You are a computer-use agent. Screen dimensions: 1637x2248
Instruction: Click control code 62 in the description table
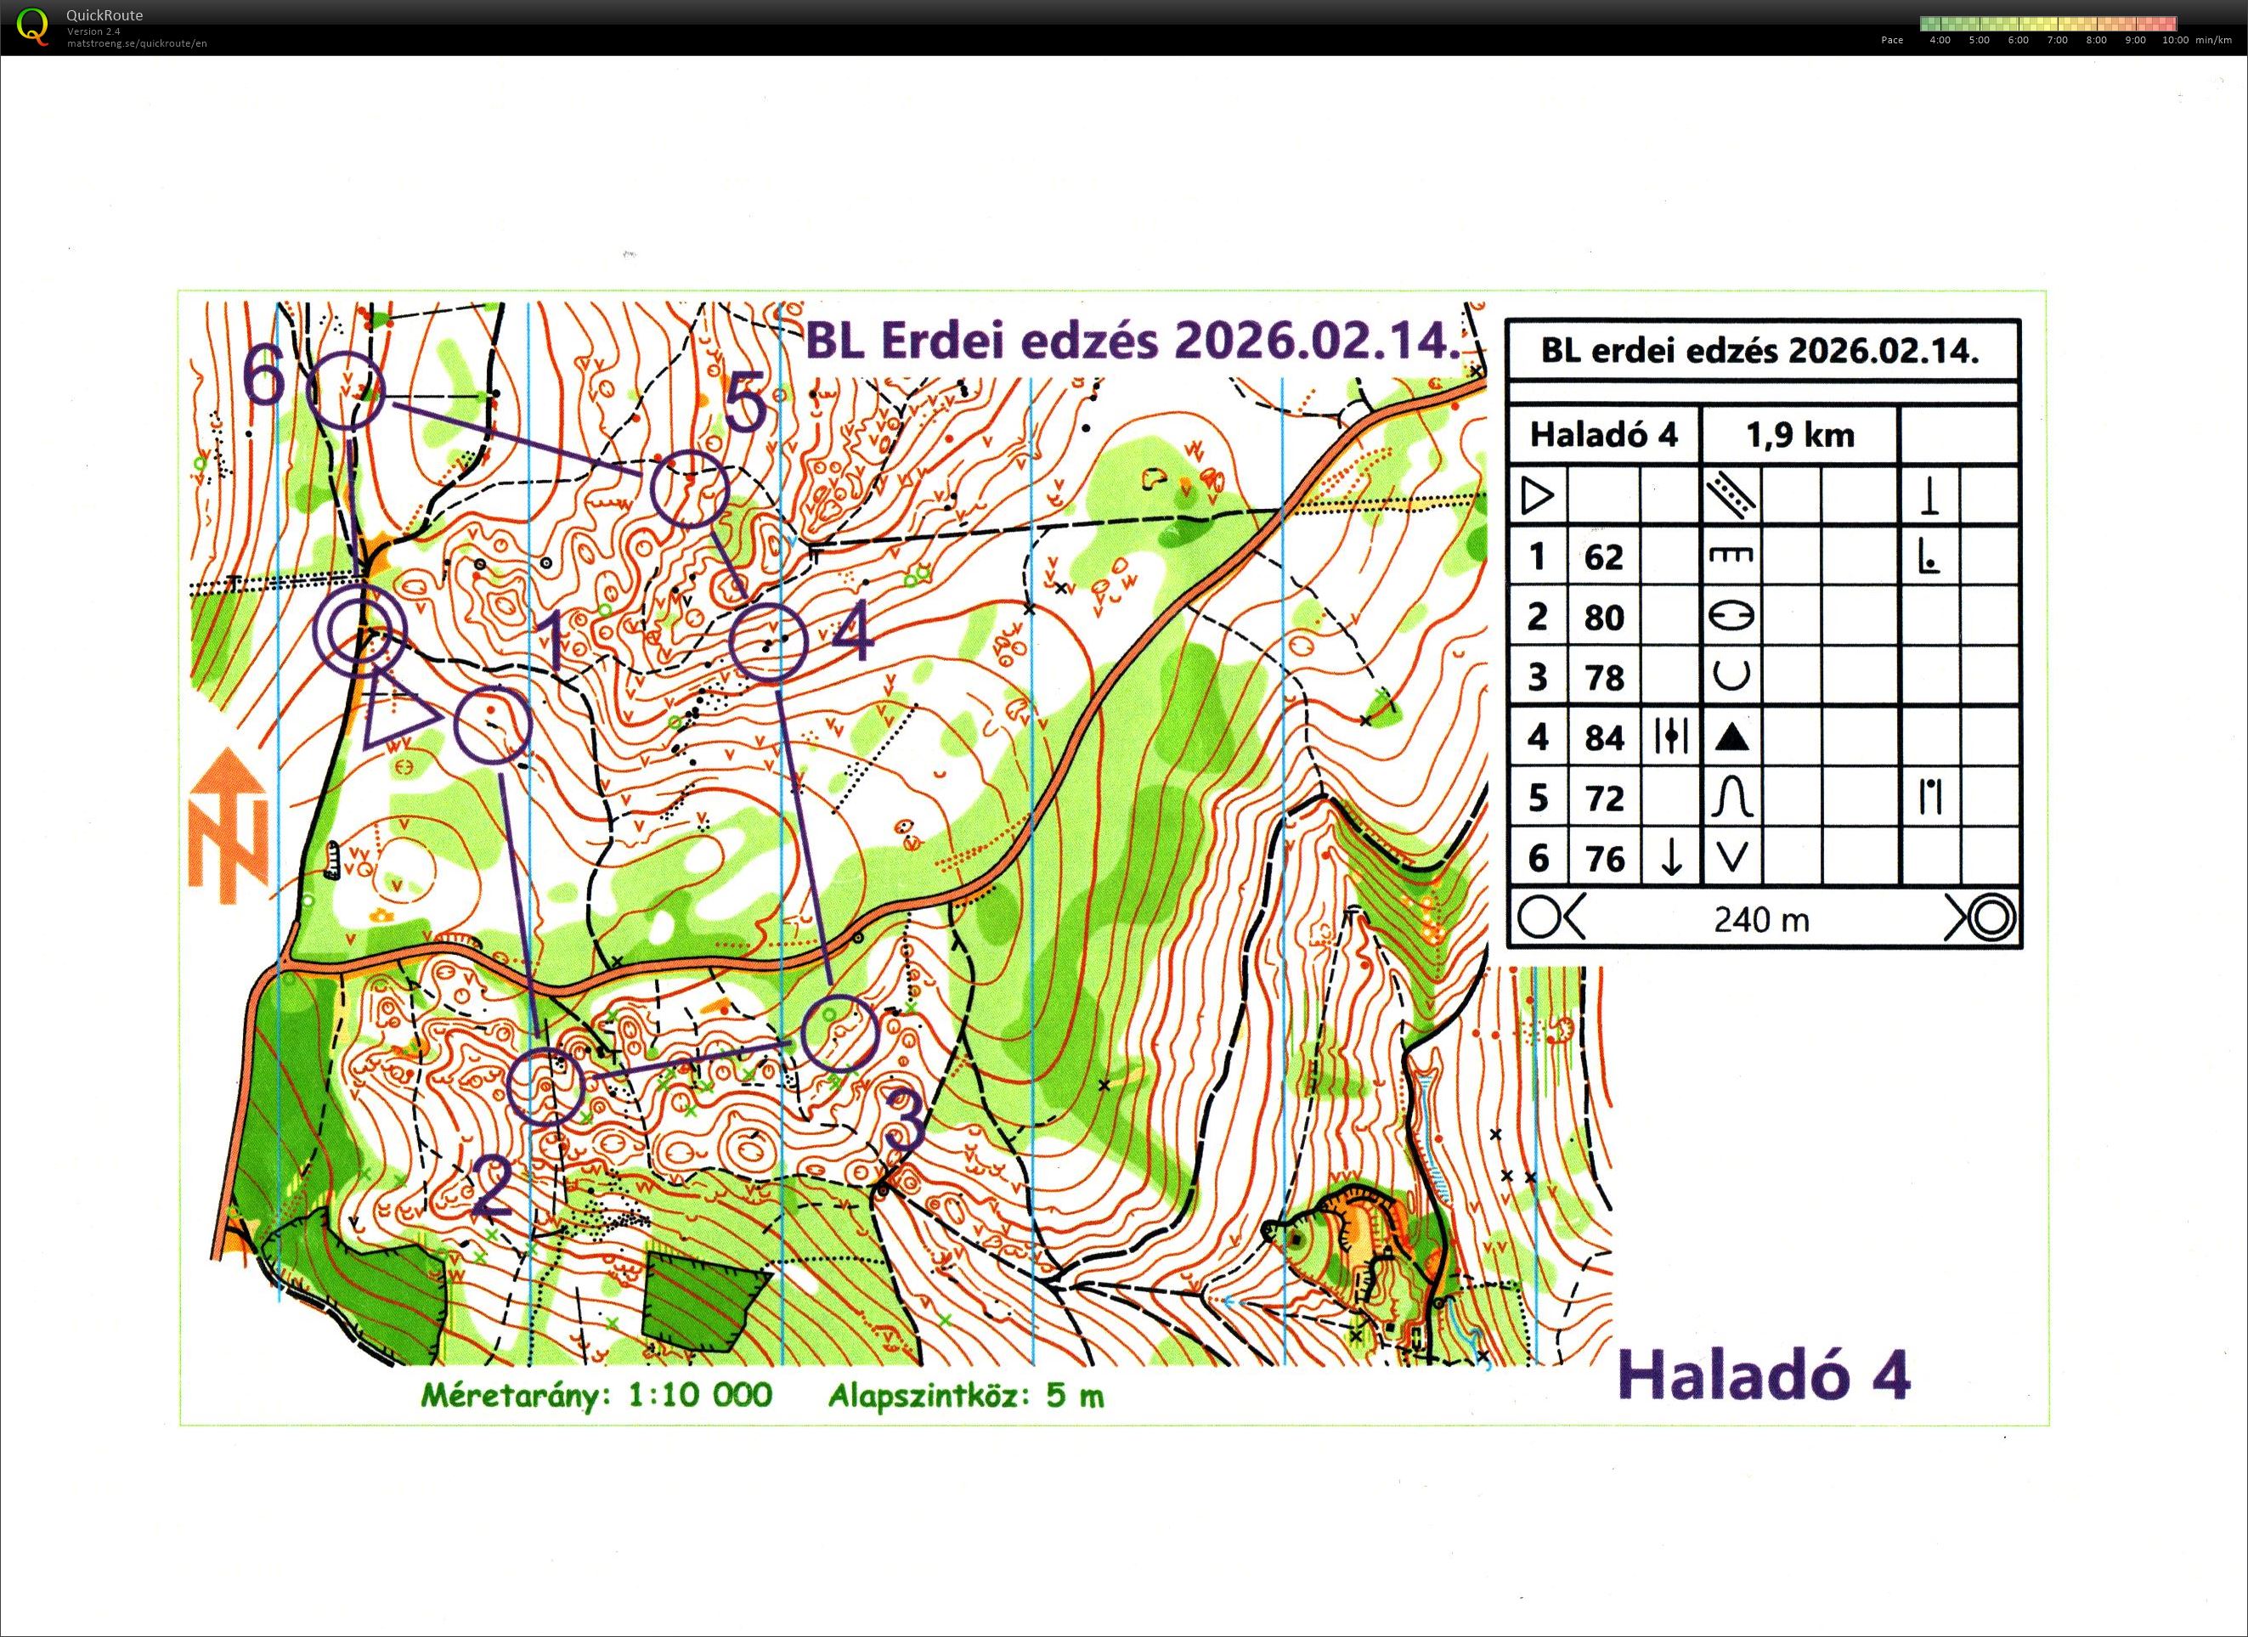click(1602, 557)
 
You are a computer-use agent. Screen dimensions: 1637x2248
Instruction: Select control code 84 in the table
click(1602, 737)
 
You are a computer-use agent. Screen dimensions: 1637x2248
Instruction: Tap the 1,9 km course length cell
click(1799, 435)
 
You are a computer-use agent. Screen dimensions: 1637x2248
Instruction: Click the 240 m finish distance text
click(1761, 919)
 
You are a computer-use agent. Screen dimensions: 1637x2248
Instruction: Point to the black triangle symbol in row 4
click(1731, 737)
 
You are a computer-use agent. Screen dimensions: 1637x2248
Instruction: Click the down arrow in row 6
click(1671, 857)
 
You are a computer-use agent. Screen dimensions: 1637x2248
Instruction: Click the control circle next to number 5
click(690, 488)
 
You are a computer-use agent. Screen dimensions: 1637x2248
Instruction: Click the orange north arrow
click(229, 826)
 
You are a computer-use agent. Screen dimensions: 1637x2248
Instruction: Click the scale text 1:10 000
click(700, 1395)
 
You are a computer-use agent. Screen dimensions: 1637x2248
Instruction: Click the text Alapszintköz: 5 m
click(965, 1395)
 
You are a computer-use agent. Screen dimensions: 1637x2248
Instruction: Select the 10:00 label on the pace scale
click(2175, 41)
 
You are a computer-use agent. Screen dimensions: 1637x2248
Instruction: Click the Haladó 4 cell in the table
click(1602, 435)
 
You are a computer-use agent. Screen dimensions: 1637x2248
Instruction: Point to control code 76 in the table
click(1602, 858)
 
